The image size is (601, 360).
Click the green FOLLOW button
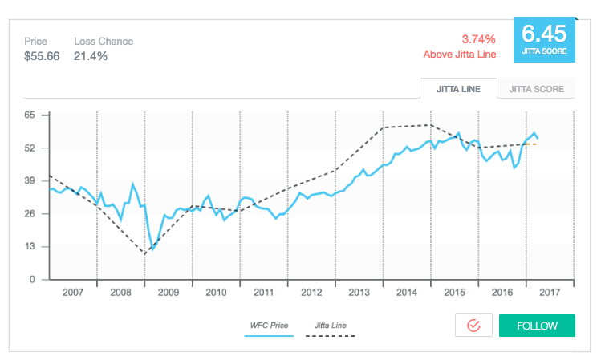(537, 326)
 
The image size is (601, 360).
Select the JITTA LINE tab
(458, 89)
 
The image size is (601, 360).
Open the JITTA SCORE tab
(535, 89)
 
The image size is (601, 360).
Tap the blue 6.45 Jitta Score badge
(544, 38)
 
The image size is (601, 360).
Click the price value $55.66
(42, 56)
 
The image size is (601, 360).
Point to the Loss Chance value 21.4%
(91, 56)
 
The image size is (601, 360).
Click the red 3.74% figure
(478, 38)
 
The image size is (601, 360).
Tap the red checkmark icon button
(473, 326)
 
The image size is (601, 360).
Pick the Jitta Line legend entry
(331, 326)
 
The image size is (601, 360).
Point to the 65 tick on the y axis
(30, 115)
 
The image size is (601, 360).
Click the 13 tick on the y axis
(30, 247)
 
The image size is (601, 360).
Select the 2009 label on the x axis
(169, 293)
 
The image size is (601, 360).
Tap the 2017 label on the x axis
(550, 293)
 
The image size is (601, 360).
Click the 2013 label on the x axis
(359, 293)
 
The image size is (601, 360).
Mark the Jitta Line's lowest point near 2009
(144, 254)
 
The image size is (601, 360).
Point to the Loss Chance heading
(104, 42)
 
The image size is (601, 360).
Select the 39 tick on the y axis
(30, 181)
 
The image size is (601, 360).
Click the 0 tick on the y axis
(32, 280)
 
